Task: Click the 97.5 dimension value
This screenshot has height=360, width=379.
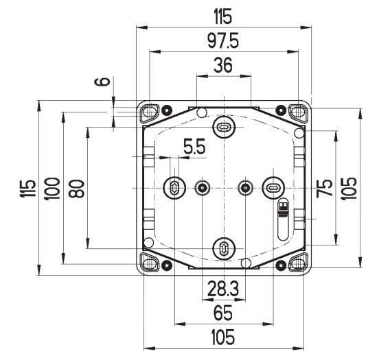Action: click(x=224, y=41)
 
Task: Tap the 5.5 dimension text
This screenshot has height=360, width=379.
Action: click(x=194, y=147)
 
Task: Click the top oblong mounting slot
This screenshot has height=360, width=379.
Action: click(x=224, y=127)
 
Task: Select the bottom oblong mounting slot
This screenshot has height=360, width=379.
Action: click(x=224, y=248)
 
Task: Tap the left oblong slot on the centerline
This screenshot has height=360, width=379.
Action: click(x=175, y=187)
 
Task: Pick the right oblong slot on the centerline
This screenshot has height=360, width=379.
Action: click(x=273, y=187)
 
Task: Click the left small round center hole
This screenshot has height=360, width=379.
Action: click(x=203, y=187)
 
